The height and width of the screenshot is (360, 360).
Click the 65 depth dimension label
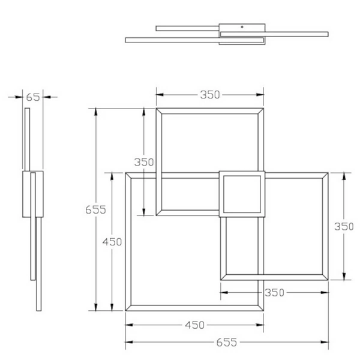pos(33,96)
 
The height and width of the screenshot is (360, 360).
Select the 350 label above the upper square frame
pos(210,94)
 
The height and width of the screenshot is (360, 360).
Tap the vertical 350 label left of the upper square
pos(144,161)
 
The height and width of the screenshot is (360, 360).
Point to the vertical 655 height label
pos(95,209)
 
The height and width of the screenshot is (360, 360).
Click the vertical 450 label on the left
pos(112,242)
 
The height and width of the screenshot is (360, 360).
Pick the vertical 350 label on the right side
pos(344,226)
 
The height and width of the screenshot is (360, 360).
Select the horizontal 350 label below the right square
pos(274,293)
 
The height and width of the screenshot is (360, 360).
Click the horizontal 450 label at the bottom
pos(194,325)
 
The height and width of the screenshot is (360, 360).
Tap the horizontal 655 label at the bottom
pos(227,343)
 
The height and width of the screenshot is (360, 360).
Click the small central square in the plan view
pos(242,194)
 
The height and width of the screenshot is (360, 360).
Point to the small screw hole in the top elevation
pos(242,27)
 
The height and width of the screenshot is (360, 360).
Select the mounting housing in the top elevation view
pos(242,33)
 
